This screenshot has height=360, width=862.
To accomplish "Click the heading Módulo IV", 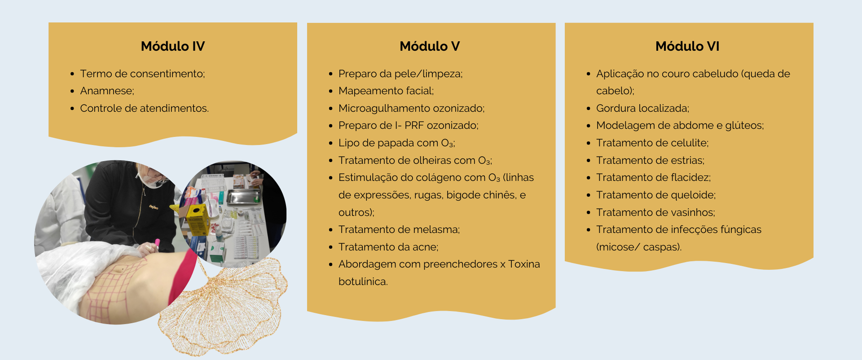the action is point(173,46).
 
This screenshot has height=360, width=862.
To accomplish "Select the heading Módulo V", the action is point(430,46).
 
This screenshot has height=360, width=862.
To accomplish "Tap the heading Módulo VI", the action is point(687,46).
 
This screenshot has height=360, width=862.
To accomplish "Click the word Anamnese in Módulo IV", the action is point(106,91).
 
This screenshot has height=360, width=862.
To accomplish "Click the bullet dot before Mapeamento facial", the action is point(330,91).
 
